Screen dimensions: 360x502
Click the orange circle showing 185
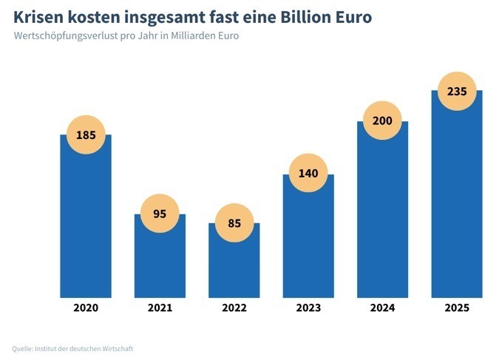pyautogui.click(x=86, y=135)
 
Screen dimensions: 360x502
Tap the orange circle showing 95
pyautogui.click(x=160, y=214)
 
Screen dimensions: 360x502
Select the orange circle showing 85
pyautogui.click(x=234, y=223)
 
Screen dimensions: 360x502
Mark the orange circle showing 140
pyautogui.click(x=308, y=174)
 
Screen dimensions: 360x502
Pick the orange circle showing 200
pyautogui.click(x=382, y=120)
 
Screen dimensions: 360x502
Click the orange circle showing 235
pyautogui.click(x=456, y=91)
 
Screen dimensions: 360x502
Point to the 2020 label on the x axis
pyautogui.click(x=86, y=308)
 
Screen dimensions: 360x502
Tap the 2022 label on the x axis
pyautogui.click(x=234, y=308)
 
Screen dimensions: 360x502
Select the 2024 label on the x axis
pyautogui.click(x=382, y=308)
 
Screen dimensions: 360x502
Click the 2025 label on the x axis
pyautogui.click(x=456, y=308)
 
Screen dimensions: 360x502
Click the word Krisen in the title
pyautogui.click(x=37, y=16)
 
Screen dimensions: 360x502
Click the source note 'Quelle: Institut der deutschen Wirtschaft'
pyautogui.click(x=72, y=348)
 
